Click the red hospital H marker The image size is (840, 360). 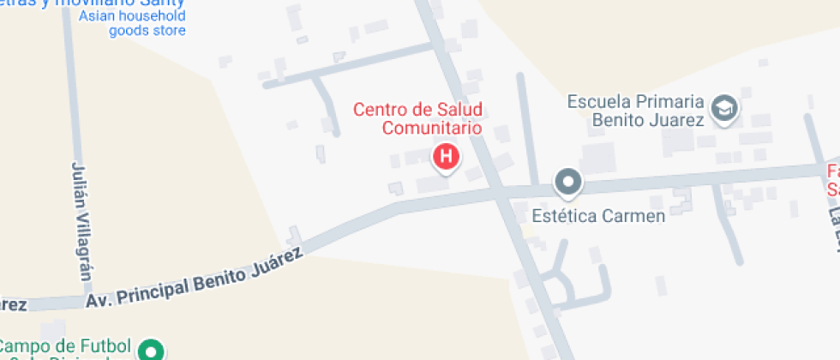(446, 157)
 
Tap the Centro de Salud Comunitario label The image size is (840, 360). (418, 119)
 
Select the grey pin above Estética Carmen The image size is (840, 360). (567, 182)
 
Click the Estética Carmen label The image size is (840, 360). (598, 215)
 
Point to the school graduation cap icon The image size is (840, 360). (726, 110)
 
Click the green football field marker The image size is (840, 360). (152, 350)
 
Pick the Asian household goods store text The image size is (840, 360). (133, 23)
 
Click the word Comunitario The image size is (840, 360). (431, 129)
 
